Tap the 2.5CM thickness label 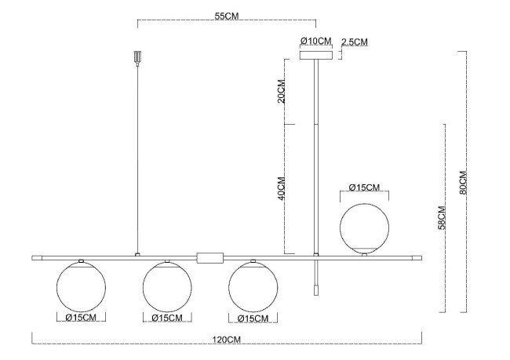355,42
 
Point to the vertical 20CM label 282,93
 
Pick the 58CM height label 442,217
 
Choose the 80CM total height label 463,182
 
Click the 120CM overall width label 226,340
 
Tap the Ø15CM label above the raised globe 363,187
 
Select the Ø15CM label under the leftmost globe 81,318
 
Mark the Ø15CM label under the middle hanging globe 166,318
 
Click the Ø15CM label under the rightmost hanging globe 253,318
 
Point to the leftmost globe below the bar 81,285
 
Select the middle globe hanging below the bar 166,285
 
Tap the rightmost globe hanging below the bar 253,285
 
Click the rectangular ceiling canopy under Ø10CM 316,55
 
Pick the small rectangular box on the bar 210,256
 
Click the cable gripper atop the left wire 137,59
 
